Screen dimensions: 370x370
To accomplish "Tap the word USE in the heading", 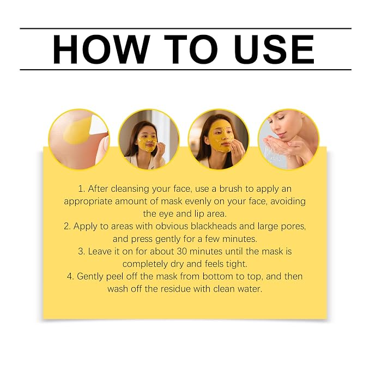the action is click(274, 49).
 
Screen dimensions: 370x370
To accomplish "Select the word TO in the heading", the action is click(191, 49).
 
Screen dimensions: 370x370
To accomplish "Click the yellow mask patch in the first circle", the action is click(77, 131).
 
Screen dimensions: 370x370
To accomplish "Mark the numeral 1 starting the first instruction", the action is click(82, 189).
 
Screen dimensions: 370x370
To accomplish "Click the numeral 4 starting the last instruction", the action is click(70, 276).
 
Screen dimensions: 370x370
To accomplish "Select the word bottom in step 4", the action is click(217, 276).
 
